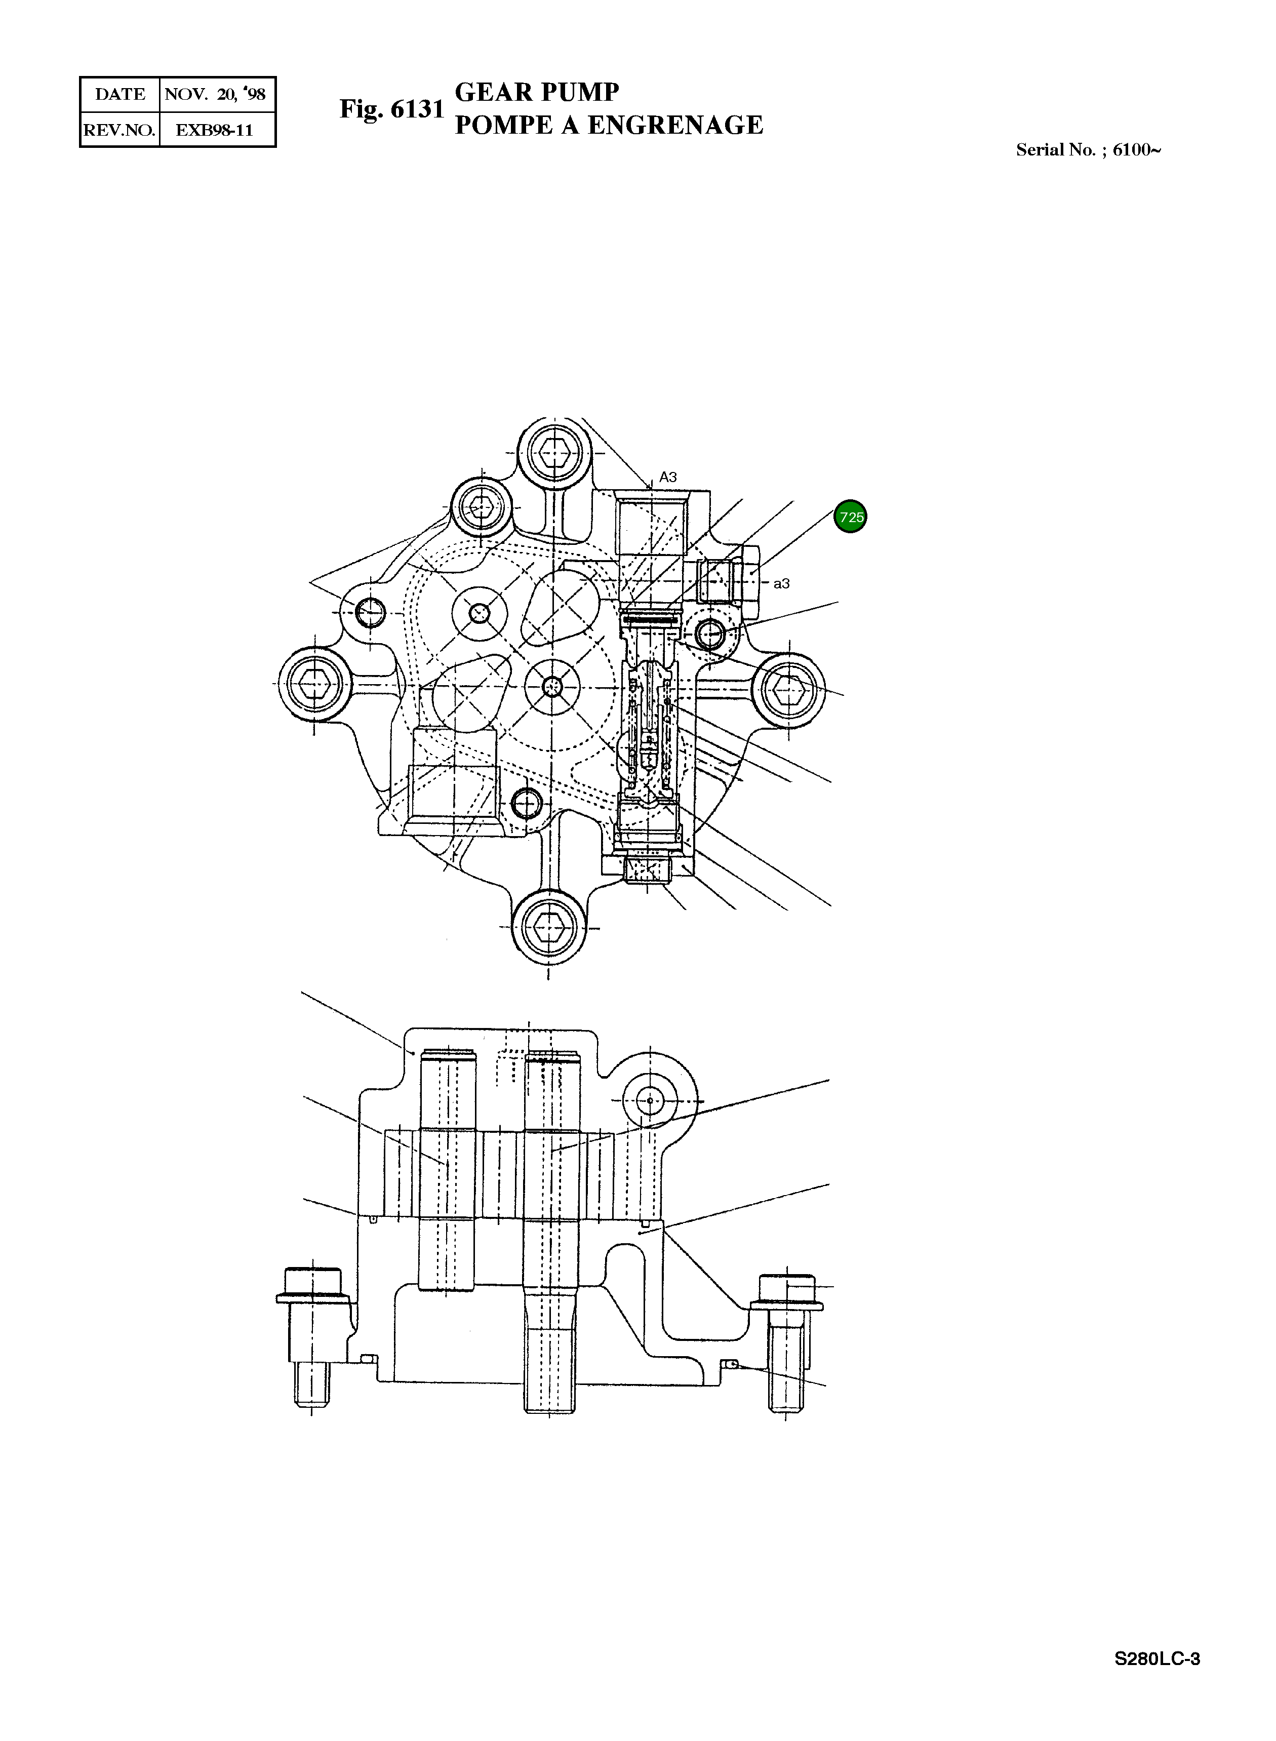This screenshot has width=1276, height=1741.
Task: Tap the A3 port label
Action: coord(668,478)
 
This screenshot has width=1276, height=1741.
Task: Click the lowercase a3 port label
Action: coord(782,584)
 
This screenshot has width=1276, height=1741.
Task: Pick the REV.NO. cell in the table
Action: coord(119,130)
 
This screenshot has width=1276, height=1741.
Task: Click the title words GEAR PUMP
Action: coord(537,93)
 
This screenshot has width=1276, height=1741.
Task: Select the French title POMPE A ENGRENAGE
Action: coord(609,125)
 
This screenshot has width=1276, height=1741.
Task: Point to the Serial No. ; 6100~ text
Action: coord(1088,150)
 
